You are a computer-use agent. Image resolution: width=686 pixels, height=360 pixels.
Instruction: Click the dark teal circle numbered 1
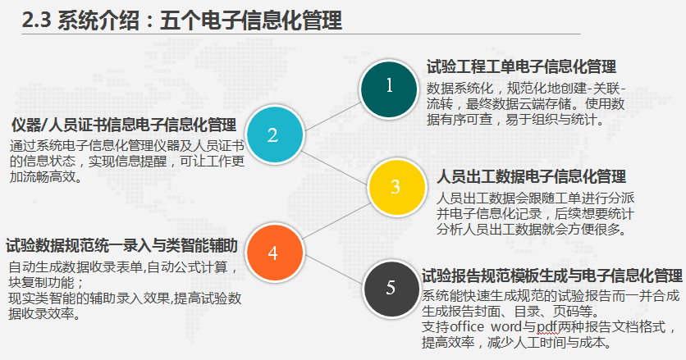coord(388,89)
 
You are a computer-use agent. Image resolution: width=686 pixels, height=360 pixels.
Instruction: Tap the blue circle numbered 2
coord(274,134)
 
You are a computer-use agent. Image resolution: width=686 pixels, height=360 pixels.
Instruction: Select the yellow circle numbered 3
coord(397,187)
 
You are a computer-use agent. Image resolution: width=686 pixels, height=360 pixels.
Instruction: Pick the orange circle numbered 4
coord(274,253)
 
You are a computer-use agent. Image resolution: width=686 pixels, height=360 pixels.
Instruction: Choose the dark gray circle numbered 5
coord(391,289)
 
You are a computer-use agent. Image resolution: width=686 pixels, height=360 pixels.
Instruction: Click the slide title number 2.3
coord(36,21)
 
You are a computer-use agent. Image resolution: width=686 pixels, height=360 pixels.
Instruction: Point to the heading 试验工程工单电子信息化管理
coord(522,67)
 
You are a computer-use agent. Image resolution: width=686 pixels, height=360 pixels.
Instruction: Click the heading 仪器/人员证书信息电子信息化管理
coord(124,125)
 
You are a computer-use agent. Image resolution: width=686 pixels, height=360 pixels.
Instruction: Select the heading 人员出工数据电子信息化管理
coord(531,176)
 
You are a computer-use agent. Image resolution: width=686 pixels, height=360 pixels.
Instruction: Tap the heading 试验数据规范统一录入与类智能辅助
coord(121,245)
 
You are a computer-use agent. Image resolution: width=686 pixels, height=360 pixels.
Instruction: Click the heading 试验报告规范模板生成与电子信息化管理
coord(551,276)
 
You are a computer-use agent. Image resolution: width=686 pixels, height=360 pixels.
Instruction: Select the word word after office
coord(506,326)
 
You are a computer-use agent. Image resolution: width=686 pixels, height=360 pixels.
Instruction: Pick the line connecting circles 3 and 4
coord(336,221)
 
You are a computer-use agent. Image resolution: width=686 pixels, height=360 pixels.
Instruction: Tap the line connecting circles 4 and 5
coord(334,270)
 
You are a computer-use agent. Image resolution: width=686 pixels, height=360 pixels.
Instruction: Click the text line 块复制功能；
coord(45,283)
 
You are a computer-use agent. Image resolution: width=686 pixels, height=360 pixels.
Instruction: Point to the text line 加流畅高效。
coord(45,177)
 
